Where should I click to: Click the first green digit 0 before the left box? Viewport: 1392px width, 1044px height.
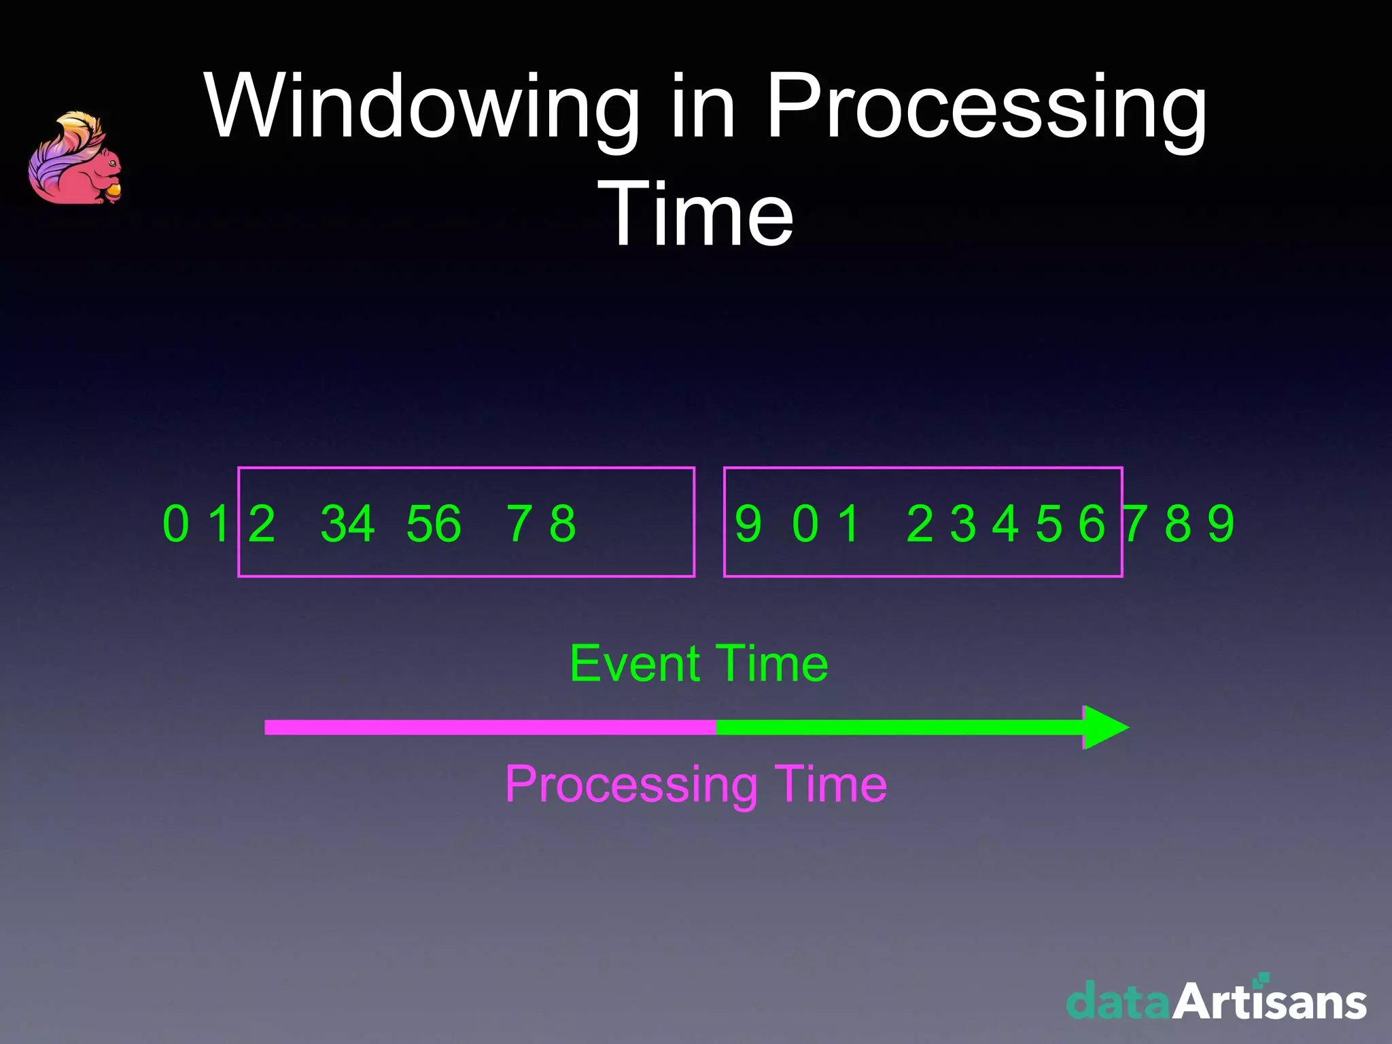[x=175, y=524]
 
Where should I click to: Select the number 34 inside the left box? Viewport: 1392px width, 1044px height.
[x=347, y=524]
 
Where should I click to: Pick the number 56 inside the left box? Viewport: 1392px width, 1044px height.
[x=433, y=524]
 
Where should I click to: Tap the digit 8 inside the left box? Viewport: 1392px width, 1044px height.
[x=563, y=524]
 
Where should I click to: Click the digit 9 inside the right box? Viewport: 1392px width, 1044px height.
[x=748, y=524]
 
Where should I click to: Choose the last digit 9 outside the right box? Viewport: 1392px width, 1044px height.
[x=1221, y=524]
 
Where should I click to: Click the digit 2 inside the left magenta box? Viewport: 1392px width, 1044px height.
[x=262, y=524]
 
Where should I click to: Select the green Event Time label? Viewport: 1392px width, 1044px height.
[x=698, y=663]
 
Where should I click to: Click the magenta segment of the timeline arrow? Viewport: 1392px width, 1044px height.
[x=489, y=727]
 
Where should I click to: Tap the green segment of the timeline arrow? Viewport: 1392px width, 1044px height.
[x=897, y=727]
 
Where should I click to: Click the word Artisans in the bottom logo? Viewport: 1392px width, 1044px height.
[x=1269, y=1002]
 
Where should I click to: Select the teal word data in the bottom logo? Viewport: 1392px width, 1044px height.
[x=1118, y=1002]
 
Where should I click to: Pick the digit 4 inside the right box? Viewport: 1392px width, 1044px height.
[x=1005, y=524]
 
